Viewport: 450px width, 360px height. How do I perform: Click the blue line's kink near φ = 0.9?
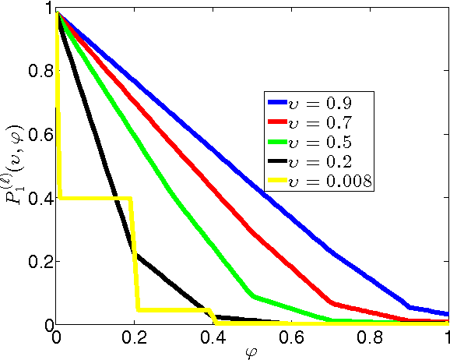point(410,306)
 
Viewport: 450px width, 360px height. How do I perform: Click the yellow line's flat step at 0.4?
point(93,198)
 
